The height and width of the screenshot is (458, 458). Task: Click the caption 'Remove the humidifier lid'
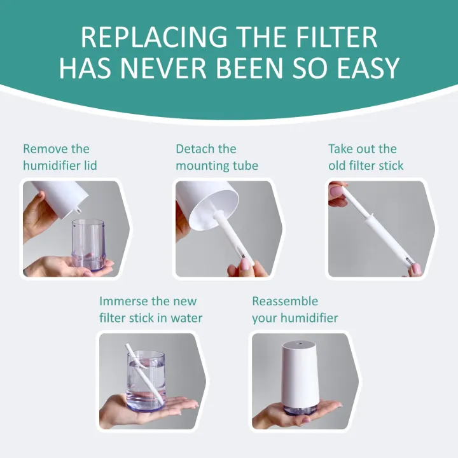tap(60, 157)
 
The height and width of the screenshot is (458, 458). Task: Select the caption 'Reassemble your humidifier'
tap(295, 309)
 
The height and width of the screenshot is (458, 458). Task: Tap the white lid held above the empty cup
tap(60, 194)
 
